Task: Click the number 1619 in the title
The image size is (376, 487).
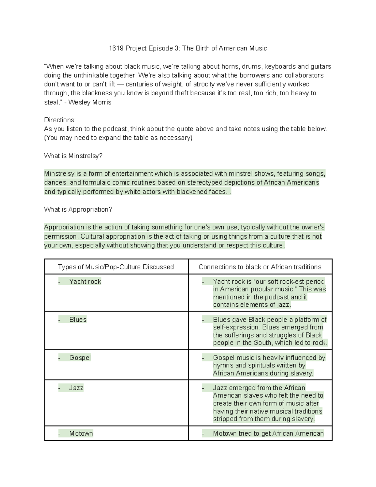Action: (116, 48)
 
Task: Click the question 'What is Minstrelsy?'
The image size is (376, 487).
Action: (73, 156)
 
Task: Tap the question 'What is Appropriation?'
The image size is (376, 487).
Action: (78, 209)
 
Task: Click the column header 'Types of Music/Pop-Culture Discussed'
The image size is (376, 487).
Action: (116, 267)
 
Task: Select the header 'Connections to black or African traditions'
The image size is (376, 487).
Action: (260, 267)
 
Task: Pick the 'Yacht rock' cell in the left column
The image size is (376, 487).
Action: (85, 282)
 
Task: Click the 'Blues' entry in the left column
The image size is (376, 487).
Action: (78, 320)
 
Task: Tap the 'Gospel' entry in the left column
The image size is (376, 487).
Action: (80, 357)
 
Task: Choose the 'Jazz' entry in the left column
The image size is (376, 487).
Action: (76, 388)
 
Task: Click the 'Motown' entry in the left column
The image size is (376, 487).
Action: (81, 433)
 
